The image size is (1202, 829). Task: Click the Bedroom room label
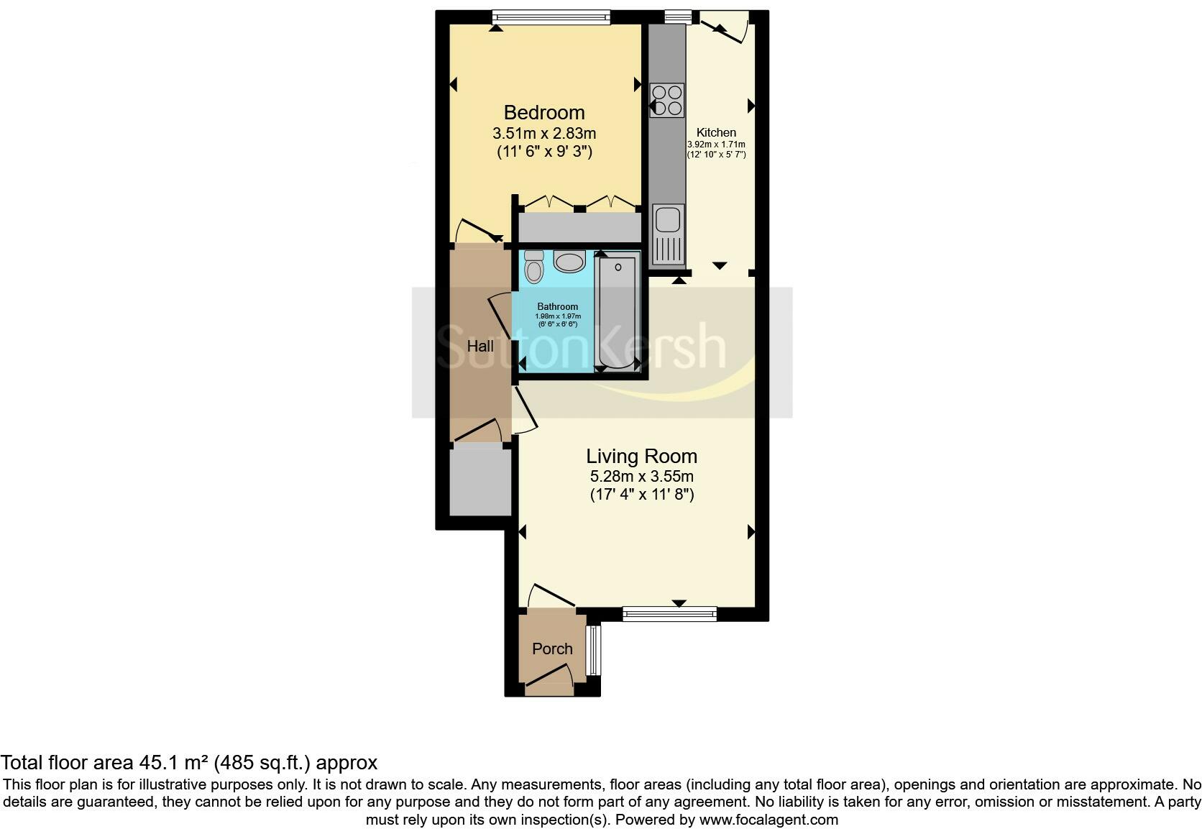point(543,113)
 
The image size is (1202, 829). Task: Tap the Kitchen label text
point(716,133)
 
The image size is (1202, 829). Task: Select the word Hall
point(480,347)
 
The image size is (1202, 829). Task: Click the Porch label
point(552,649)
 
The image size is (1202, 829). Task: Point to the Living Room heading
point(641,457)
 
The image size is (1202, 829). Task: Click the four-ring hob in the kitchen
point(666,100)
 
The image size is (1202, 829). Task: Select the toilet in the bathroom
point(533,267)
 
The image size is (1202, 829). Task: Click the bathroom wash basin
point(570,262)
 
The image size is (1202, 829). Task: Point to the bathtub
point(618,313)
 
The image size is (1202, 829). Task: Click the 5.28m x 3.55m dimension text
point(641,477)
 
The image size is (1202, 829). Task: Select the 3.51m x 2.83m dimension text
point(543,134)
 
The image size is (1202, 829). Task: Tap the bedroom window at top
point(551,17)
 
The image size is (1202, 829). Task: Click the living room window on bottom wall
point(669,613)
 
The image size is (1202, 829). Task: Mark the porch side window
point(592,651)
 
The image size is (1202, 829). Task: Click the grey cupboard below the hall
point(480,480)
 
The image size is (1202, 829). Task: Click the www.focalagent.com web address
point(768,820)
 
